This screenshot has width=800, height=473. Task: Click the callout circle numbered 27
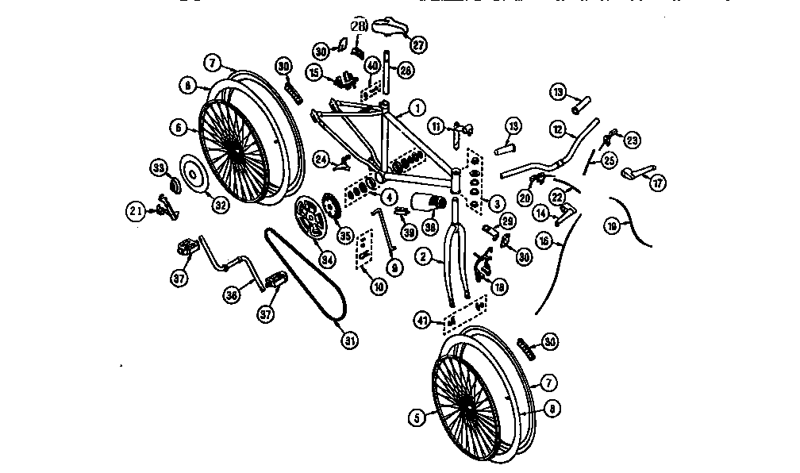click(x=418, y=44)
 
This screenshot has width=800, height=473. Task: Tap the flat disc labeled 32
click(x=192, y=175)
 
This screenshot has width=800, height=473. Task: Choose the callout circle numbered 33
click(x=159, y=167)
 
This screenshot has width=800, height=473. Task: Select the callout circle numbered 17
click(x=658, y=182)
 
